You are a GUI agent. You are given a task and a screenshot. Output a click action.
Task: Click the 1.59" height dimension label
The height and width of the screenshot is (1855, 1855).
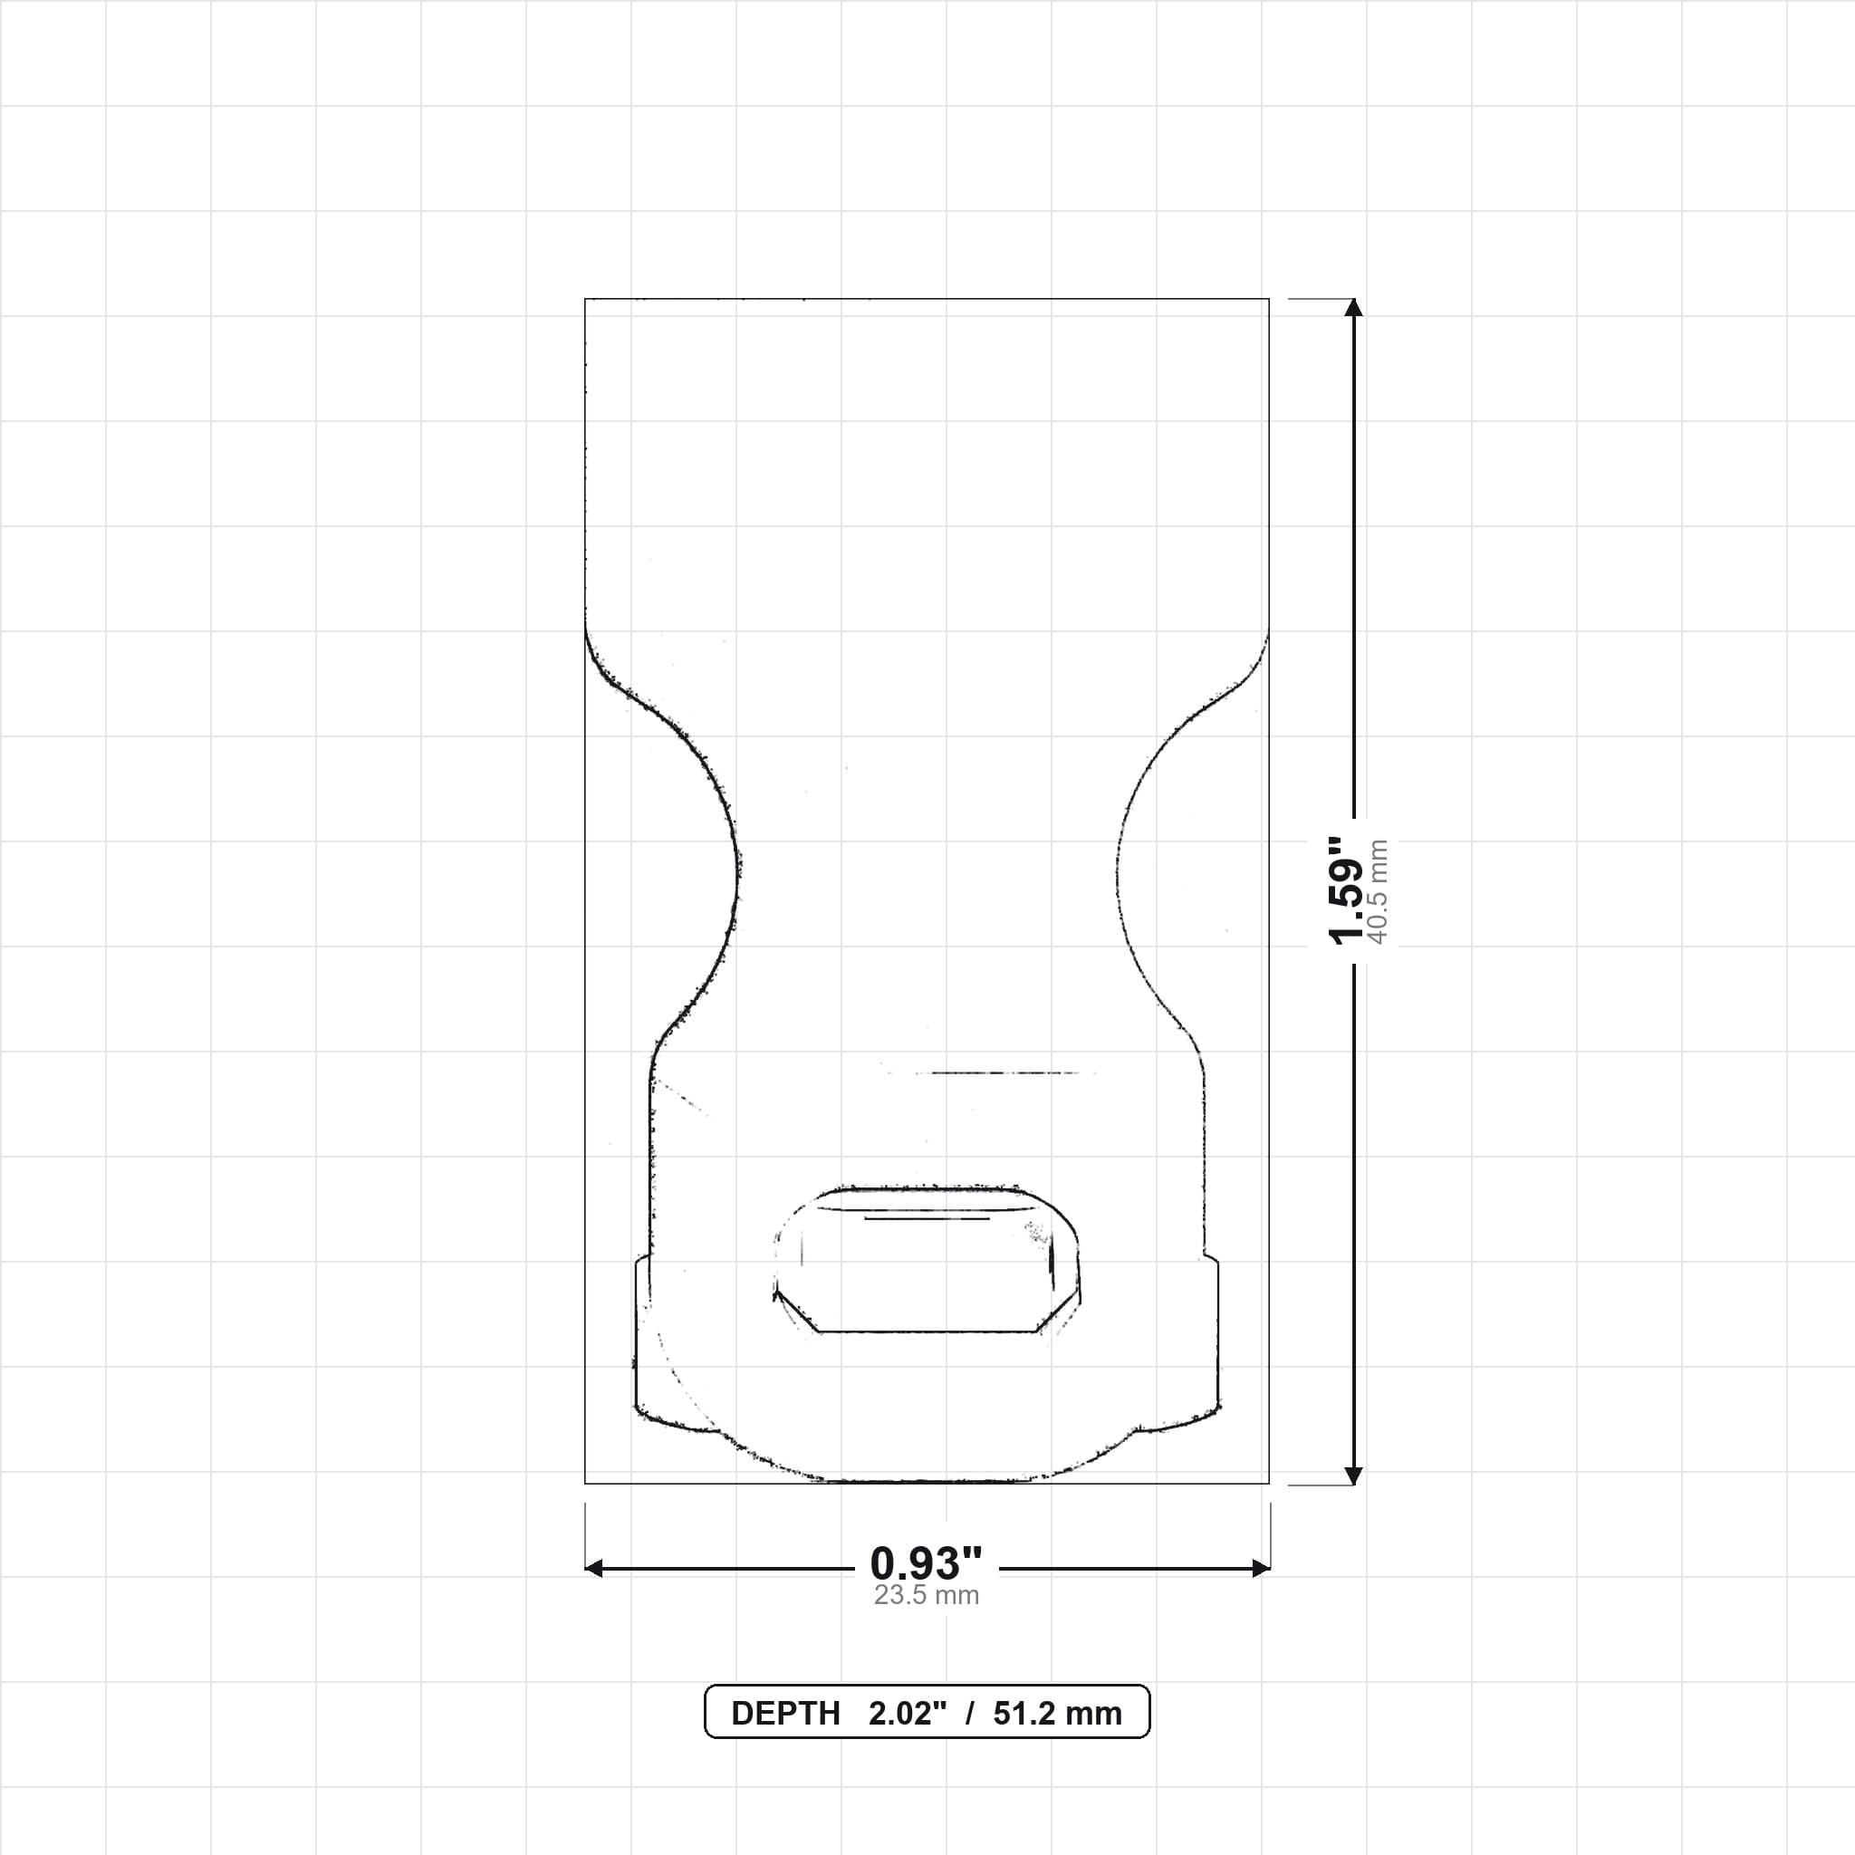(1346, 891)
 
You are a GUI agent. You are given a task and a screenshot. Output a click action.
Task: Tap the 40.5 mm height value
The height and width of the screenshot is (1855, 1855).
(1378, 891)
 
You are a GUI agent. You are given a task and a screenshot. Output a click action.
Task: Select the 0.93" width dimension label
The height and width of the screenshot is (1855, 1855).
(927, 1564)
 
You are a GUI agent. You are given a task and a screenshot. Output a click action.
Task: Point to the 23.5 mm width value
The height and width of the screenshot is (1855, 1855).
(927, 1596)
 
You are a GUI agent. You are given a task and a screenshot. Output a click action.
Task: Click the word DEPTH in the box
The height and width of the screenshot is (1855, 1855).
(785, 1714)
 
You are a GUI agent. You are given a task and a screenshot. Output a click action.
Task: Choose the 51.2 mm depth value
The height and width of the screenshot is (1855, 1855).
(1057, 1714)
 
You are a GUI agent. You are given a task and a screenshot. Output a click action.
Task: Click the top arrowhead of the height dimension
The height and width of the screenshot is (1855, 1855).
(1354, 307)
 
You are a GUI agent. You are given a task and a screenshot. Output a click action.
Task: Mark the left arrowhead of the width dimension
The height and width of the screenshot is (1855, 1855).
(594, 1569)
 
